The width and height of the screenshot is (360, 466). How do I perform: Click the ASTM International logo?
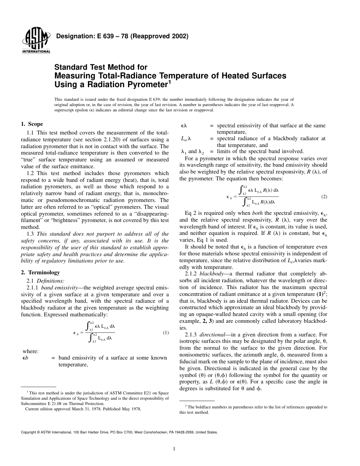(x=36, y=41)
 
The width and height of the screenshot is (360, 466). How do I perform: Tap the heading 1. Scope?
(x=31, y=124)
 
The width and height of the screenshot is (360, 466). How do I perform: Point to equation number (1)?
(x=166, y=333)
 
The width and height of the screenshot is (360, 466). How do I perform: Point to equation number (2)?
(x=324, y=197)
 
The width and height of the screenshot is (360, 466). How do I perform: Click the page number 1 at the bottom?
(x=174, y=449)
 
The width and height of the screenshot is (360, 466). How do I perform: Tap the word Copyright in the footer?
(x=30, y=432)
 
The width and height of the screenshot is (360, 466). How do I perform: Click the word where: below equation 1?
(x=31, y=351)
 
